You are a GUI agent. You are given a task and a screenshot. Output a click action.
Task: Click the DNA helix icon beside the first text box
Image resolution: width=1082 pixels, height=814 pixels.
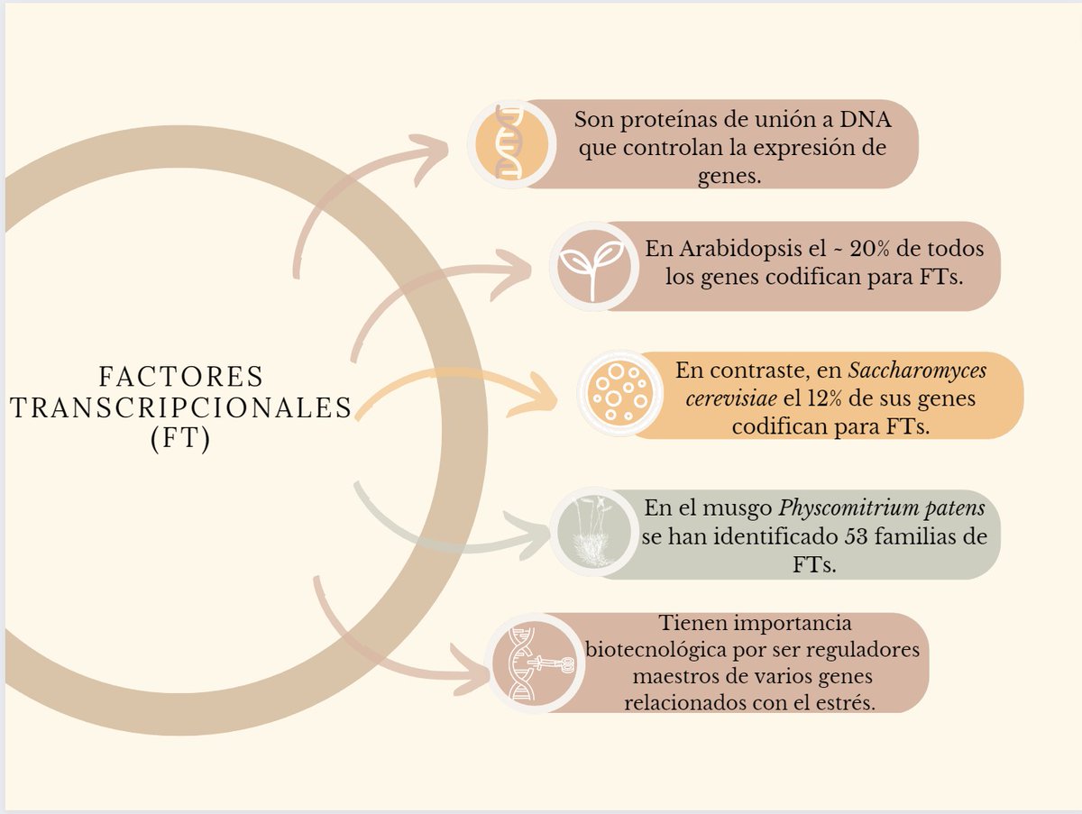[x=510, y=143]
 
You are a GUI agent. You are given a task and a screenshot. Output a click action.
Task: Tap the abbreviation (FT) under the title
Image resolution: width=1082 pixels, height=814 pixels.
[x=180, y=442]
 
